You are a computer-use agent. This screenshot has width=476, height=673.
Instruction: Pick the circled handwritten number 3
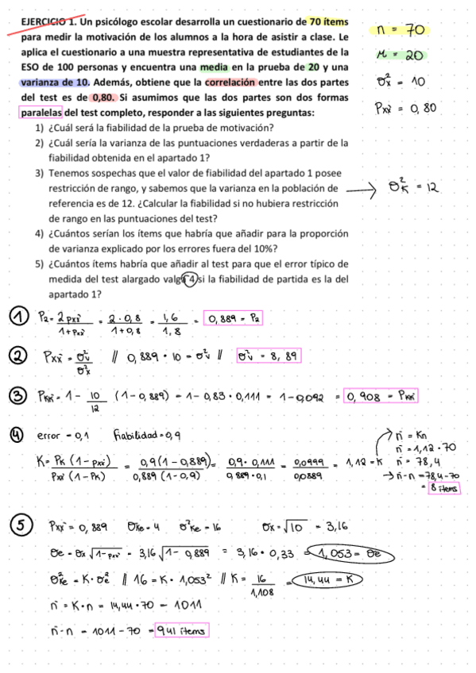21,396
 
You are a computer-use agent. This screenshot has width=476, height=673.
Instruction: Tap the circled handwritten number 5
21,524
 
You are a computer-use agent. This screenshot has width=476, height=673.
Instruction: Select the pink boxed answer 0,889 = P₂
233,318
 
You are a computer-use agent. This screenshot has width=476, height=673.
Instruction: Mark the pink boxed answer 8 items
443,488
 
